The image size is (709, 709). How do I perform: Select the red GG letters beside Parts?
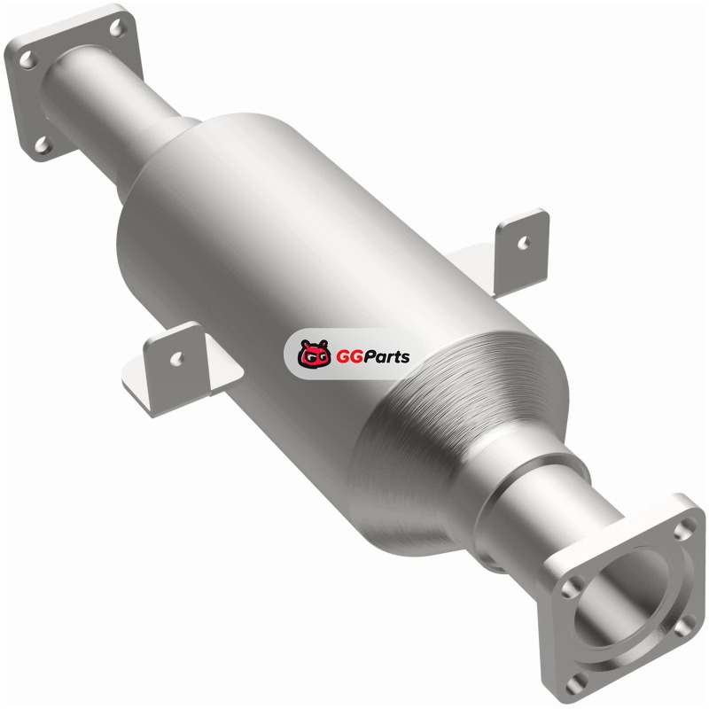(347, 357)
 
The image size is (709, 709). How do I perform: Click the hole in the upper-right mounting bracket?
(523, 243)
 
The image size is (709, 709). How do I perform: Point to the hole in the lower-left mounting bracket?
(176, 358)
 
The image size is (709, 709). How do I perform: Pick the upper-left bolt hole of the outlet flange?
(571, 588)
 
